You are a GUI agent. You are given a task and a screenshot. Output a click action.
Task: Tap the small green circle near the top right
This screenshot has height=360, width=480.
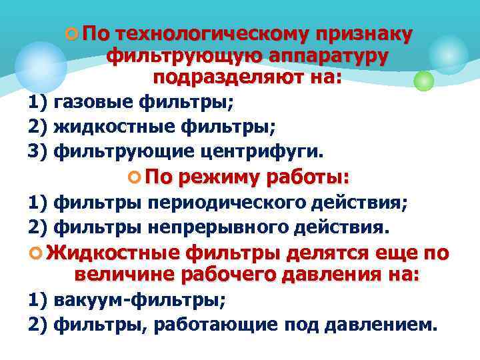coord(423,81)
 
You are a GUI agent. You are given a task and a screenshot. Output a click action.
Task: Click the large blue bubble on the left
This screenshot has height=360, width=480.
coord(41,67)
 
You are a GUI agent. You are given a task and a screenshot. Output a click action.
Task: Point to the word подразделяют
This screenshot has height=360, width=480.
coord(229,77)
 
